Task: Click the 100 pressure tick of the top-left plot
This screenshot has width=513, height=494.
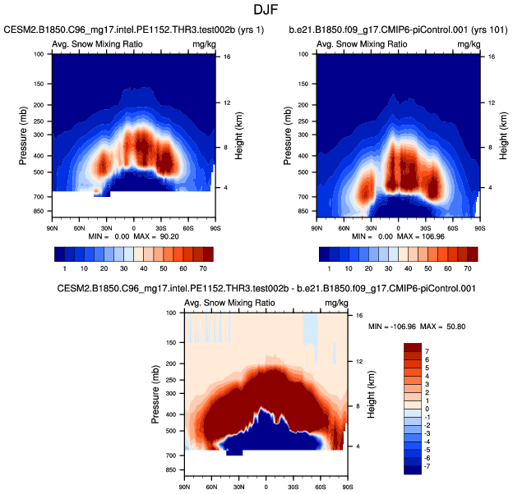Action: [39, 54]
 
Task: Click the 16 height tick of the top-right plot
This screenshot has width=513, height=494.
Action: [491, 57]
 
